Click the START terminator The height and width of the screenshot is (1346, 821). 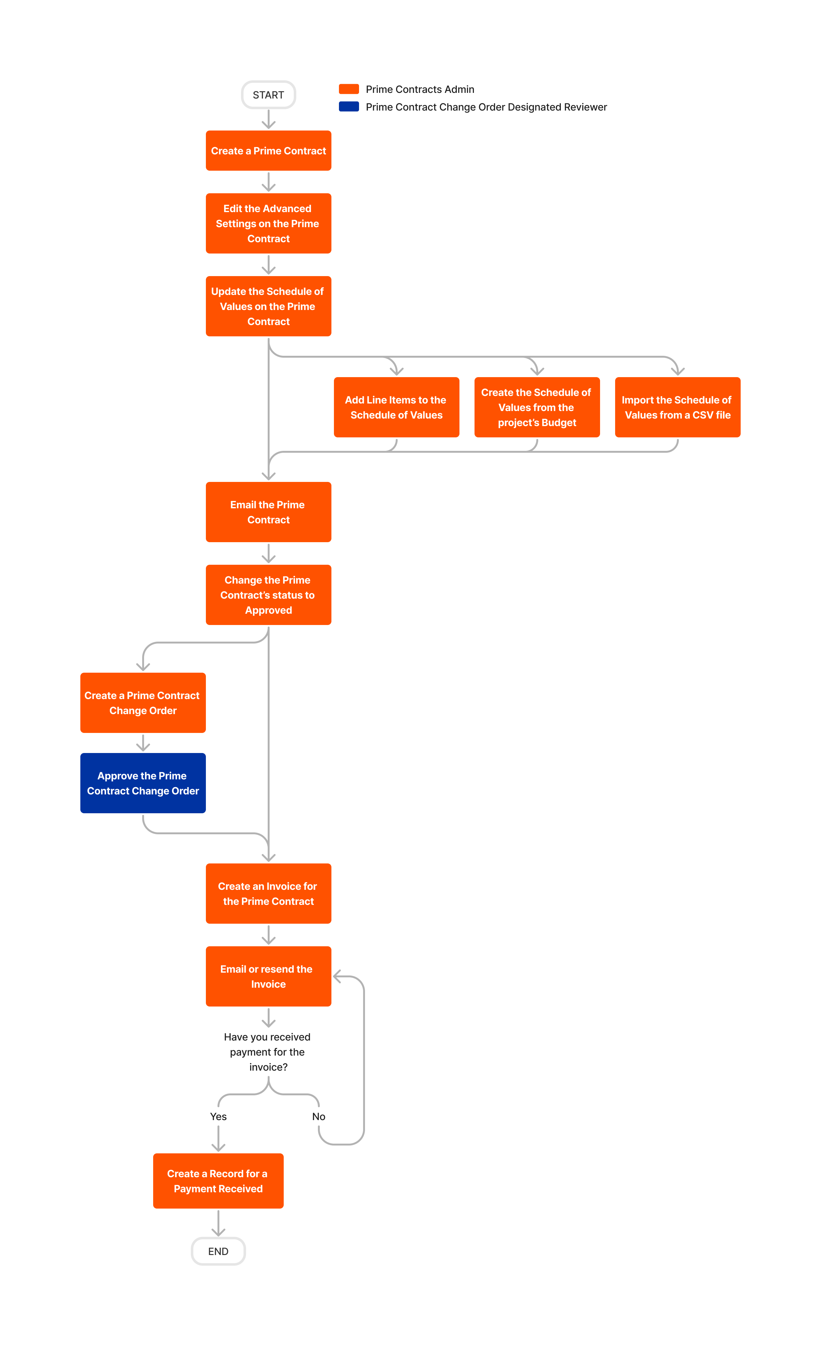click(268, 95)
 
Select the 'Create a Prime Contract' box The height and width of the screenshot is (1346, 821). click(268, 151)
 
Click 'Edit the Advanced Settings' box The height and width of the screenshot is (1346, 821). click(268, 223)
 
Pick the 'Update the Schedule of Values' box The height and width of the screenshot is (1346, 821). click(268, 307)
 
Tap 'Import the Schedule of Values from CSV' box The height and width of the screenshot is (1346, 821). click(677, 408)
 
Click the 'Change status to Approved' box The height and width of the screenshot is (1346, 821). click(268, 595)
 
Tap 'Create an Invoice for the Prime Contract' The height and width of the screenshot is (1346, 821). click(268, 894)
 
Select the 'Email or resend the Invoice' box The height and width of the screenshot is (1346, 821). click(268, 977)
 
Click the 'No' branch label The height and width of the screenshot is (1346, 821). click(319, 1117)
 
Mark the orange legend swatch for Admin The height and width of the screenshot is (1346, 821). click(348, 89)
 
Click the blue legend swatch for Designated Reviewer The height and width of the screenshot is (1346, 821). click(348, 107)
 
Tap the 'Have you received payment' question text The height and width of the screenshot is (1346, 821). click(268, 1052)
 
